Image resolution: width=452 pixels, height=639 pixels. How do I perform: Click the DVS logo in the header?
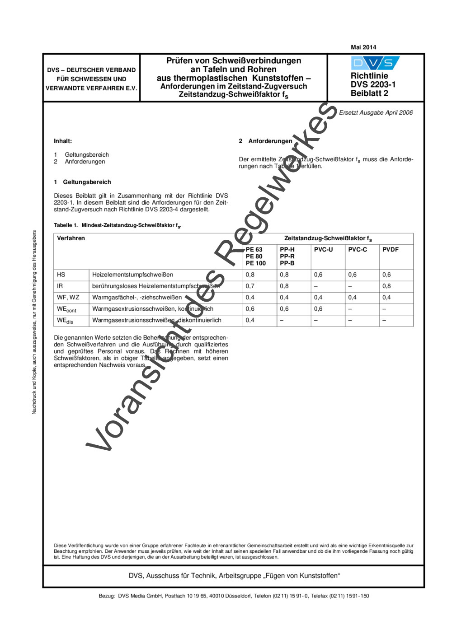(x=375, y=63)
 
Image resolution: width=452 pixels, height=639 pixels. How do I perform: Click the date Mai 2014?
(x=363, y=47)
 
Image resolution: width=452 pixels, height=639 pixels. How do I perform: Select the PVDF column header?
(x=391, y=249)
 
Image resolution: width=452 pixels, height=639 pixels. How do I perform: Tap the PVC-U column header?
(x=323, y=249)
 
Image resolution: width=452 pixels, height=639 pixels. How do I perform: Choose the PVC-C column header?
(x=358, y=249)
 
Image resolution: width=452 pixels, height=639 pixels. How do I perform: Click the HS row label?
(x=61, y=275)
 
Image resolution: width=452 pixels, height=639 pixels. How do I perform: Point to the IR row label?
(x=60, y=286)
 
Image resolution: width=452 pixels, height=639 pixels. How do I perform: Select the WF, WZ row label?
(x=68, y=297)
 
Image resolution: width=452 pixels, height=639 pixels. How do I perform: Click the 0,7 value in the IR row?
(x=250, y=286)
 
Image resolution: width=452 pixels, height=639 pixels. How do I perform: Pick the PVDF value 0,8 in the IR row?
(x=386, y=286)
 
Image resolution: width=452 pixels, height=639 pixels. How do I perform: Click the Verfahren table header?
(x=71, y=238)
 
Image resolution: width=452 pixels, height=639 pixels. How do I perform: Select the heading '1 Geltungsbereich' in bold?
(x=82, y=182)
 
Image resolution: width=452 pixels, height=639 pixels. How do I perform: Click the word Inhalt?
(x=63, y=141)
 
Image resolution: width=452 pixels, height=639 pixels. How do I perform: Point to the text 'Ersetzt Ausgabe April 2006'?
(x=376, y=112)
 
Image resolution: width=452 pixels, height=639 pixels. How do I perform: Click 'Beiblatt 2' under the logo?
(x=369, y=93)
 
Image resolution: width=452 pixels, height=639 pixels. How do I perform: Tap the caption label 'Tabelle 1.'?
(x=66, y=225)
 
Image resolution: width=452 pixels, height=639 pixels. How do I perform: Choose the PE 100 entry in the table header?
(x=256, y=263)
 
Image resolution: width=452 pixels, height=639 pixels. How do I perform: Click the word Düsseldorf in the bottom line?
(x=237, y=596)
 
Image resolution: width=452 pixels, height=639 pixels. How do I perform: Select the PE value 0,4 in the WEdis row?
(x=250, y=320)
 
